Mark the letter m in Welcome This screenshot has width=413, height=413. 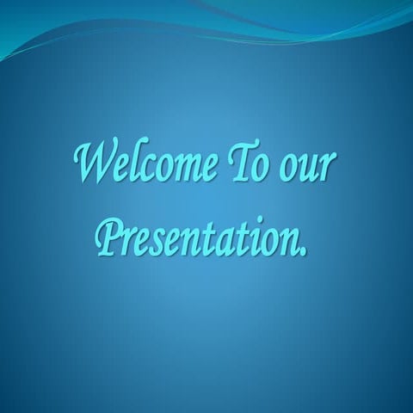pyautogui.click(x=182, y=170)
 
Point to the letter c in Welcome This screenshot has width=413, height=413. pyautogui.click(x=145, y=170)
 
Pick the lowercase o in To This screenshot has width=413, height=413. pyautogui.click(x=259, y=170)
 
